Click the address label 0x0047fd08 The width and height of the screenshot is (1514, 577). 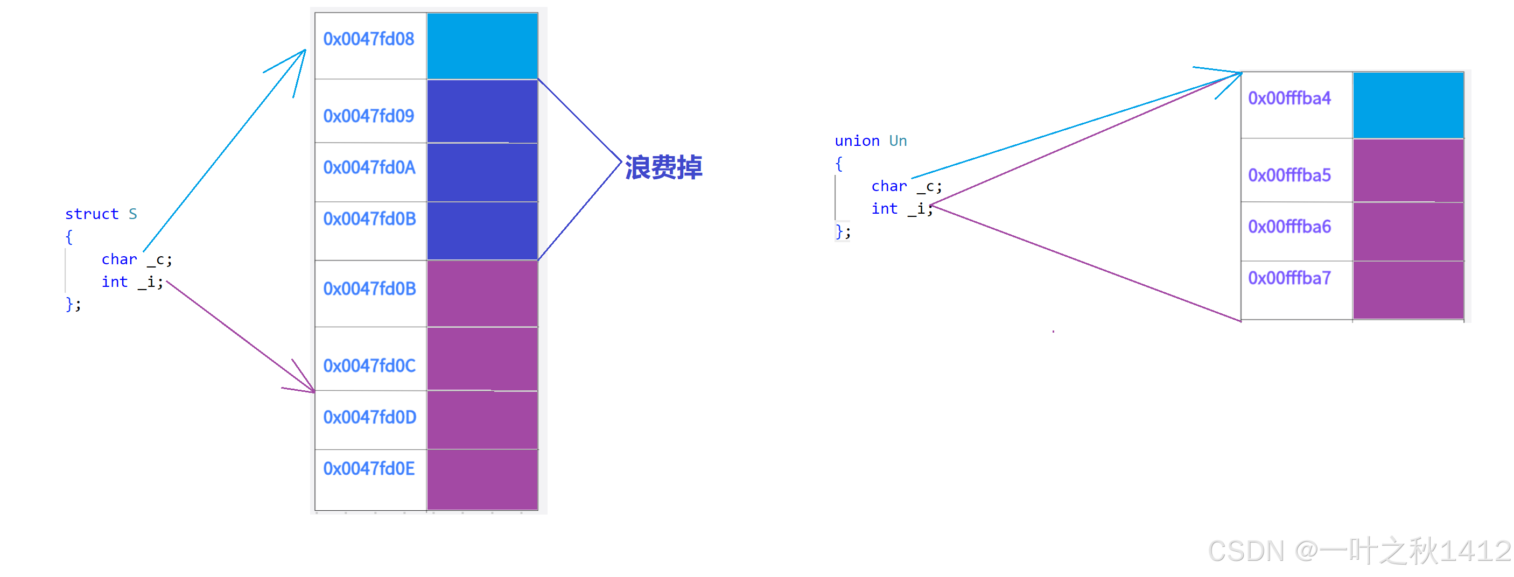pyautogui.click(x=368, y=39)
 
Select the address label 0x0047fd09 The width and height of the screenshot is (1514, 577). pyautogui.click(x=368, y=116)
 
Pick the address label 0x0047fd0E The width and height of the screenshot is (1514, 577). pyautogui.click(x=368, y=469)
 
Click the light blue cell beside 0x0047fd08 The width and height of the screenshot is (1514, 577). pyautogui.click(x=482, y=46)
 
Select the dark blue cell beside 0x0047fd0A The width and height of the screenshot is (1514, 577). pyautogui.click(x=482, y=172)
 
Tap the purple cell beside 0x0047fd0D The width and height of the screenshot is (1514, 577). pyautogui.click(x=482, y=419)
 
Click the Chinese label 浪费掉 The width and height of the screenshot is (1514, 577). pyautogui.click(x=663, y=167)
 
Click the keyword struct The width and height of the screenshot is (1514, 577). pyautogui.click(x=92, y=214)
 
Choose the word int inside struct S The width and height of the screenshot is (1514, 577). pyautogui.click(x=115, y=282)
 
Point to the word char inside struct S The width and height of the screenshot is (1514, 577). pyautogui.click(x=119, y=259)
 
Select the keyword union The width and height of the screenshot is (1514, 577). pyautogui.click(x=857, y=141)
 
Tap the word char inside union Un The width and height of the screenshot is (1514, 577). pyautogui.click(x=889, y=186)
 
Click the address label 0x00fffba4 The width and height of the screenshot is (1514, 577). pyautogui.click(x=1289, y=98)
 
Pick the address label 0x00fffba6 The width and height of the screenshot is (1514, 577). pyautogui.click(x=1289, y=227)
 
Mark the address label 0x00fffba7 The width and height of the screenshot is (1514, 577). pyautogui.click(x=1289, y=278)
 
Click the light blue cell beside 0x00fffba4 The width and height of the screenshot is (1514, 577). pyautogui.click(x=1407, y=105)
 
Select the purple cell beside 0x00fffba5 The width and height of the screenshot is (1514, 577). pyautogui.click(x=1407, y=171)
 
